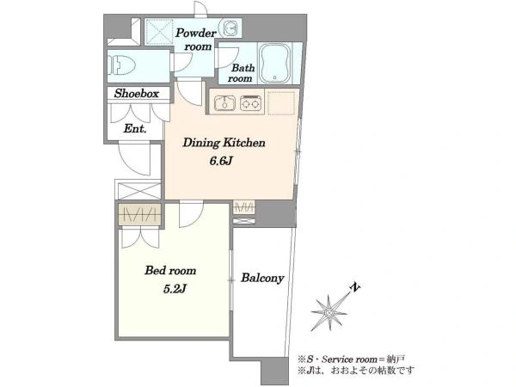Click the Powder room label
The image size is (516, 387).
196,40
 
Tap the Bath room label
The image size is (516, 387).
242,73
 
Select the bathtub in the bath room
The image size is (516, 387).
275,63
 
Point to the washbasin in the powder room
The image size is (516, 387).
230,28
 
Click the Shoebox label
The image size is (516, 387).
137,94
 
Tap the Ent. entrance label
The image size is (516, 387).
135,128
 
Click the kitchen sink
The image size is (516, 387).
224,103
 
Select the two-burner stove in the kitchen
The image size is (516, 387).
251,103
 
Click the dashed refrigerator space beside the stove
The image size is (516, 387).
281,103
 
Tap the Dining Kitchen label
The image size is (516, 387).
224,143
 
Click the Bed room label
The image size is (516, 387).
170,271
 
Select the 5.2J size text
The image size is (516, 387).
175,289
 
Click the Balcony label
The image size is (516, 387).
262,278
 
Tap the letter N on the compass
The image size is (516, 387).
354,287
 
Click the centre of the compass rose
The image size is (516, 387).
329,312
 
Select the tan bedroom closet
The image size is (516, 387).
140,214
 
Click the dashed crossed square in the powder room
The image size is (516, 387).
159,32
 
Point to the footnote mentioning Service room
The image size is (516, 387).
352,359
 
